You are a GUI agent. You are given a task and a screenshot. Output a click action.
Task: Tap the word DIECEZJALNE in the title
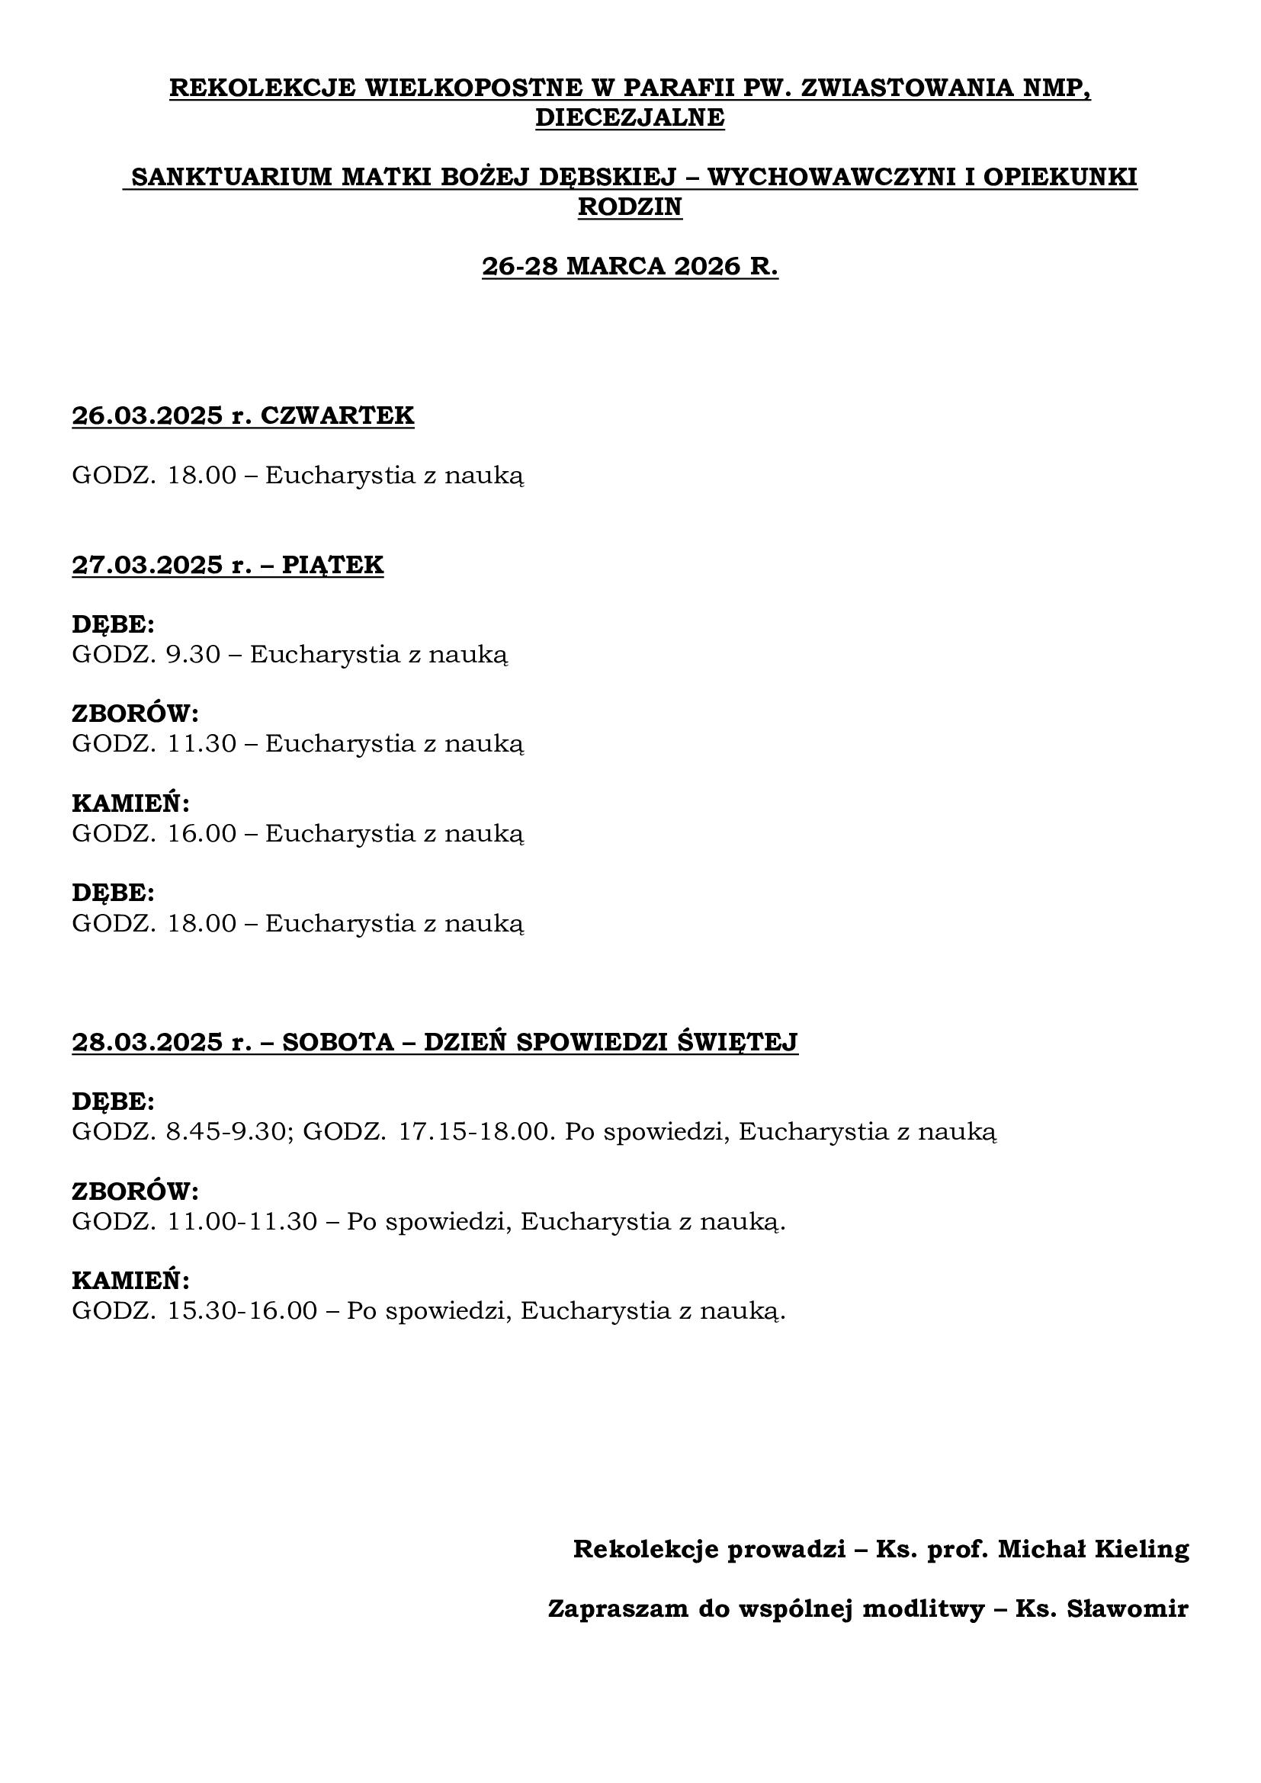click(630, 117)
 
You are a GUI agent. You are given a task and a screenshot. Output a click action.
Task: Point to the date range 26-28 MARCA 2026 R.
click(630, 266)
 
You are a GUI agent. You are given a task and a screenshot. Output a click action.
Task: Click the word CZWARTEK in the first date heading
click(337, 415)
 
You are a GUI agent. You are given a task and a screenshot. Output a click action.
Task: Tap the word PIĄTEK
click(332, 565)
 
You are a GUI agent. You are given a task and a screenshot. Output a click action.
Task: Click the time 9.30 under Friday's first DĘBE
click(194, 654)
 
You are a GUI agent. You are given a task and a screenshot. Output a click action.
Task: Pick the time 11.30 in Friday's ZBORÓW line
click(202, 743)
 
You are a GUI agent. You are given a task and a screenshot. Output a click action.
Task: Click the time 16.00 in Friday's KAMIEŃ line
click(202, 833)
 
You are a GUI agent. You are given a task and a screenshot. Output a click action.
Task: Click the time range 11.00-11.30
click(242, 1221)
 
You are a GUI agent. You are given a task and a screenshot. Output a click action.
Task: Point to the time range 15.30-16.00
click(242, 1311)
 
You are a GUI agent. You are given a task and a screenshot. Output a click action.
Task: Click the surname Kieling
click(1141, 1549)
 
